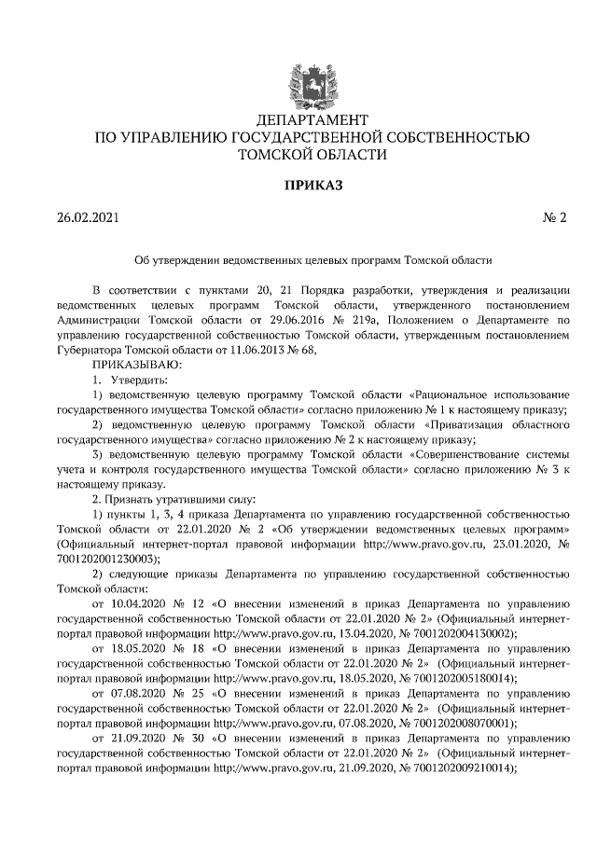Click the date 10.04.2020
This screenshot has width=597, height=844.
[x=140, y=603]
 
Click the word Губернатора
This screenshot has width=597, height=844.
[x=92, y=350]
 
